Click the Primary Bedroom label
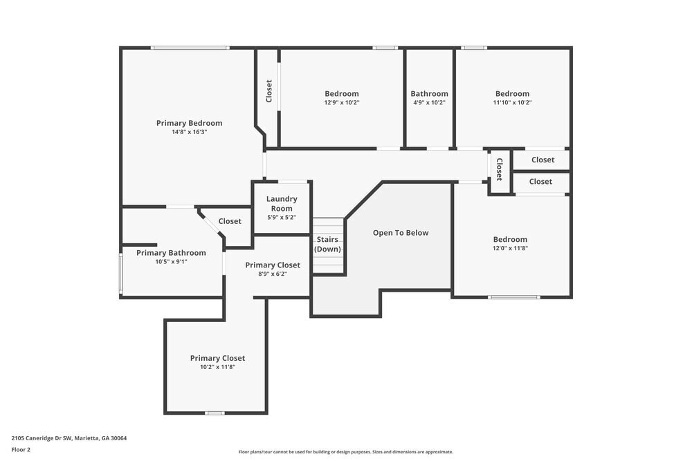[x=189, y=123]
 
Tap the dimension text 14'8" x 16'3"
[x=189, y=132]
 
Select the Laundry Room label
[x=282, y=203]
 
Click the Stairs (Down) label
[x=327, y=244]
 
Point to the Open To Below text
[x=401, y=233]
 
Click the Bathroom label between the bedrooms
[x=429, y=94]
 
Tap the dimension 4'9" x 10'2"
[x=429, y=102]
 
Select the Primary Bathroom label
[x=171, y=253]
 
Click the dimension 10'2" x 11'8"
[x=217, y=367]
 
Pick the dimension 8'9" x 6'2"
[x=273, y=274]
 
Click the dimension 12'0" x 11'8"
[x=510, y=248]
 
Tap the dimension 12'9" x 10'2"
[x=342, y=102]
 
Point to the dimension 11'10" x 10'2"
[x=512, y=102]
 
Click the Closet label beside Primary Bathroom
[x=230, y=221]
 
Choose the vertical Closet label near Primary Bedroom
[x=269, y=91]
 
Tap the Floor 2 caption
[x=21, y=449]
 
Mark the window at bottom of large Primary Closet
[x=215, y=413]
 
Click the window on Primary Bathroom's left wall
[x=121, y=274]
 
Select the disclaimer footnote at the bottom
[x=345, y=452]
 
